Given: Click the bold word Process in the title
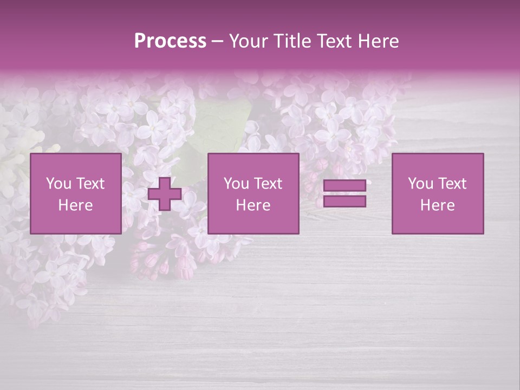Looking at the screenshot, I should point(170,41).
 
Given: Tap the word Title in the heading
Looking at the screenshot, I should point(292,41).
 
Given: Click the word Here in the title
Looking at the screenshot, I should point(377,41).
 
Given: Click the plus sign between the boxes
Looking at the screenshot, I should point(165,194).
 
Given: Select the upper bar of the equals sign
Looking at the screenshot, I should point(344,186).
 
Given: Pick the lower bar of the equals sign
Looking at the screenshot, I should point(344,201).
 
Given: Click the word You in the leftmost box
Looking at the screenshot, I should point(58,184).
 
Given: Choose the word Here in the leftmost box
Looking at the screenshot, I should point(75,205).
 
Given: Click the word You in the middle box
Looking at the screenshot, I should point(236,184).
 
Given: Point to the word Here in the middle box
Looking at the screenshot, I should point(253,205).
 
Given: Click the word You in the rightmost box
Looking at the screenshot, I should point(420,184).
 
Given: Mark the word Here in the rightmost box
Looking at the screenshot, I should point(437,205).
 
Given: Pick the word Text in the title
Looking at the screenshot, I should point(332,41).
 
